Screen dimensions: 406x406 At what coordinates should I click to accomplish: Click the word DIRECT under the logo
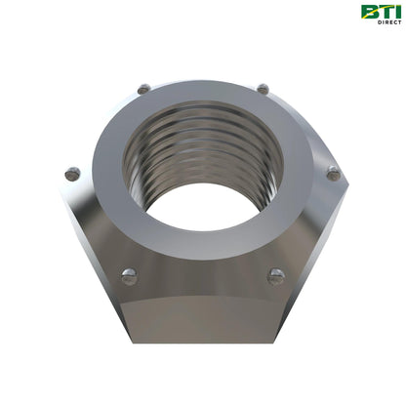coord(387,21)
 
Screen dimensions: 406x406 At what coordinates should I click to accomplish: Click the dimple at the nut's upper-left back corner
coord(143,89)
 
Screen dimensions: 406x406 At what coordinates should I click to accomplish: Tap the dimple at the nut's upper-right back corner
coord(263,89)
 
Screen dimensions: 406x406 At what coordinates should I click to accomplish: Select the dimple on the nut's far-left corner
coord(71,174)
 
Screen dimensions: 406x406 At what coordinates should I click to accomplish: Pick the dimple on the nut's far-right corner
coord(333,174)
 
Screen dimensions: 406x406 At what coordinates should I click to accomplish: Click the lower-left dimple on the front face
coord(129,276)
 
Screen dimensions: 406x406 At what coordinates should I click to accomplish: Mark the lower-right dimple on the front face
coord(276,276)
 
